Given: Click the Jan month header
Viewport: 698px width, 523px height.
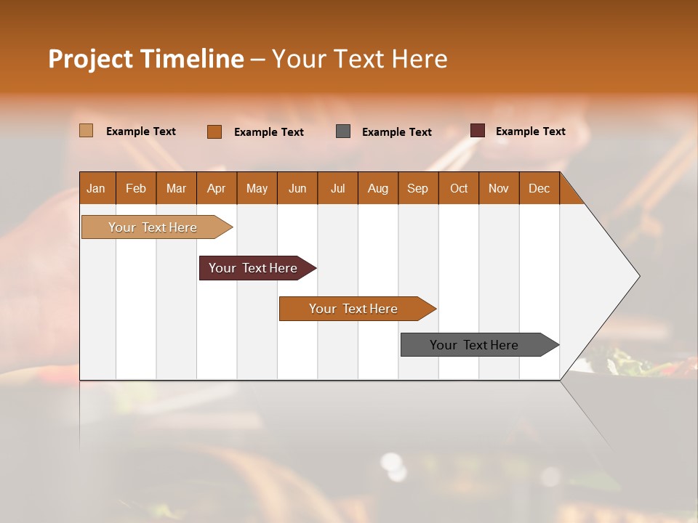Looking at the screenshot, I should click(96, 188).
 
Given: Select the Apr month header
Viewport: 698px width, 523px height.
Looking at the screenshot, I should click(216, 188).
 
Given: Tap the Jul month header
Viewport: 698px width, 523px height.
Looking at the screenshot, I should click(337, 188).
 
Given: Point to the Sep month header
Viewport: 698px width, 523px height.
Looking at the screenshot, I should click(417, 188).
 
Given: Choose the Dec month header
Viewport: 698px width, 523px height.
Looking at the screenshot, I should click(539, 188).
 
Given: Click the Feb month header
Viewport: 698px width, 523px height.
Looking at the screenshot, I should click(136, 188).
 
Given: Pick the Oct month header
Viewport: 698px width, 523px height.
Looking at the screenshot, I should click(459, 188).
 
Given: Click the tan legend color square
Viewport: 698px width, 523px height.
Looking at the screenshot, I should click(86, 131).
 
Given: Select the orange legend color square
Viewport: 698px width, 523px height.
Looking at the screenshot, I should click(214, 131).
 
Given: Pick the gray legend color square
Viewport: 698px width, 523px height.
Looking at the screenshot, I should click(343, 131).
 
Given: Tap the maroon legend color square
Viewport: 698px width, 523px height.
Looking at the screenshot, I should click(477, 131).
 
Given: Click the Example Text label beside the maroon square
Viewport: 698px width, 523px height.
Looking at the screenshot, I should click(530, 131).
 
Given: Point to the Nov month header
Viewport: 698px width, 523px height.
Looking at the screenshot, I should click(499, 188).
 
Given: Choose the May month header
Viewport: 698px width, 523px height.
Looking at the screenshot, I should click(257, 188).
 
